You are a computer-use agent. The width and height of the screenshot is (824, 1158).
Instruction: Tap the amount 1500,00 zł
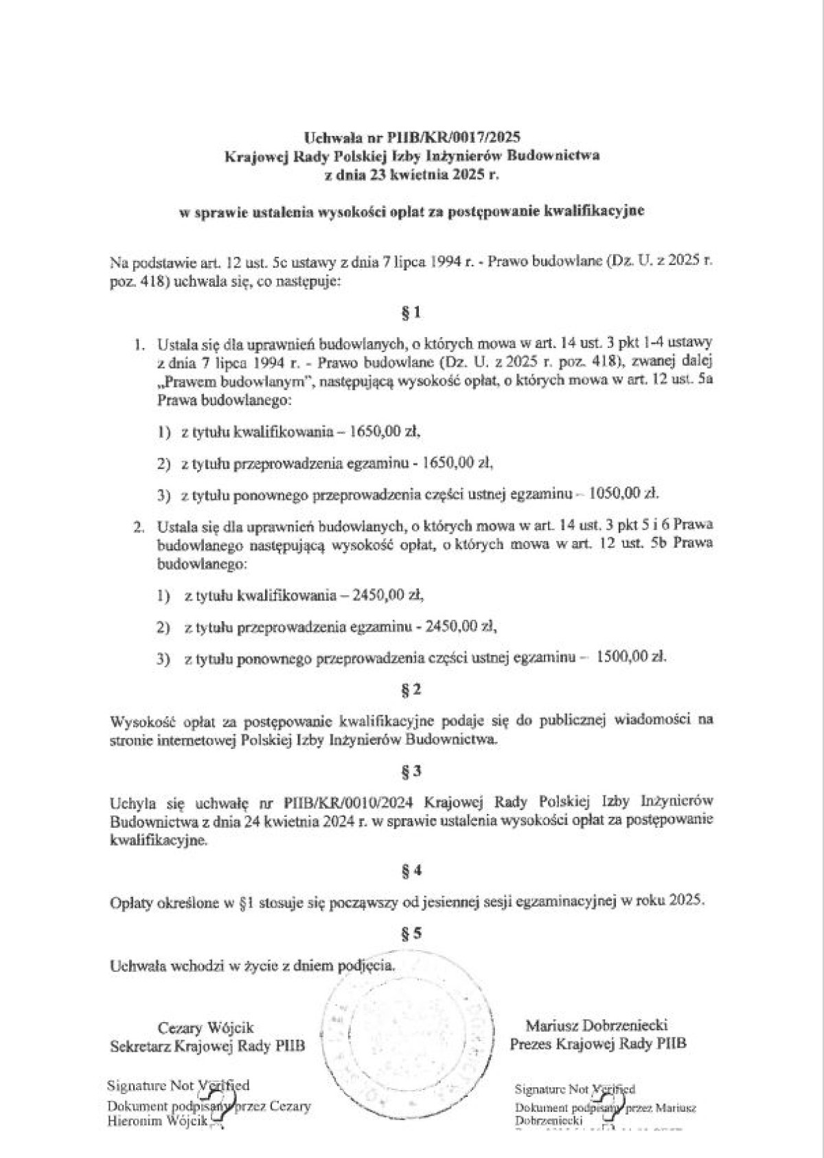(631, 657)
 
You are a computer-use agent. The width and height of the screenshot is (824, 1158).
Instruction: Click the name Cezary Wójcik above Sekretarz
(206, 1028)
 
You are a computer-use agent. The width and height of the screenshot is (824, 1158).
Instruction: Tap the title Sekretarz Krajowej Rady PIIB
(207, 1046)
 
